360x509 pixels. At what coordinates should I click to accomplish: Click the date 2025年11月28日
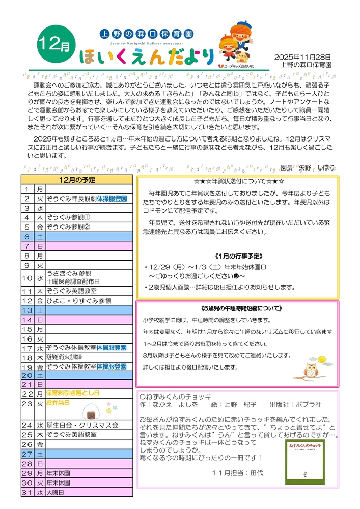tap(302, 57)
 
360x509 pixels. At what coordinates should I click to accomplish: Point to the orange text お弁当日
tap(58, 403)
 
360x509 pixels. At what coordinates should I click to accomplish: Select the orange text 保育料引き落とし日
tap(72, 393)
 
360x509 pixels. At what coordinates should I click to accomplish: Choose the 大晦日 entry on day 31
tap(56, 493)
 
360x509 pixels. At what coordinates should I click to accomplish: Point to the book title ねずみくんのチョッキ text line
tap(175, 397)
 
